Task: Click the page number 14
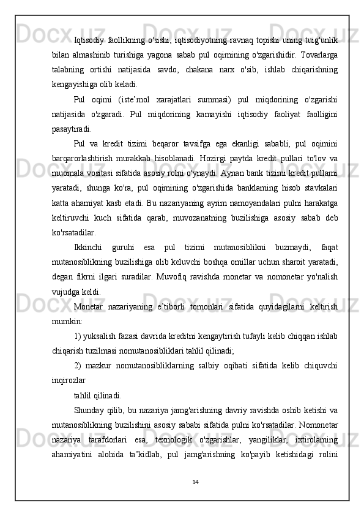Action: [195, 482]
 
